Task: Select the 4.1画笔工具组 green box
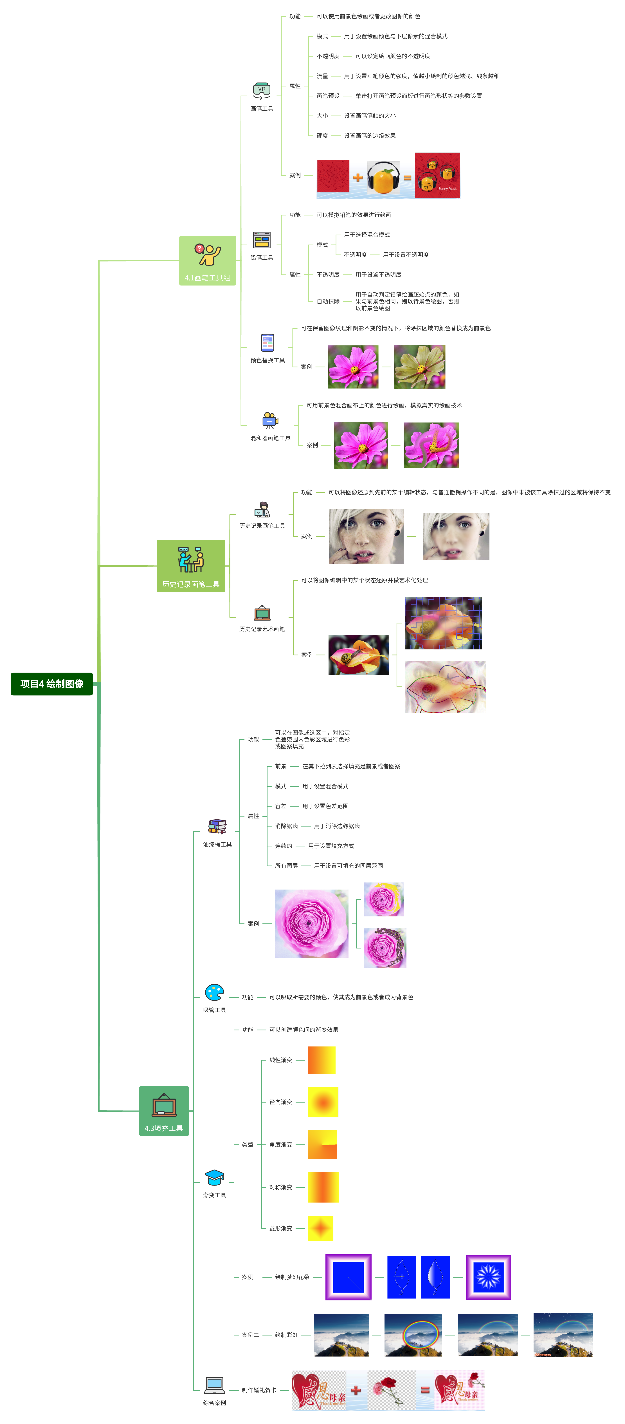(x=207, y=260)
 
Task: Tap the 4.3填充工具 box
(x=164, y=1111)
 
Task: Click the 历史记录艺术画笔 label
(x=262, y=629)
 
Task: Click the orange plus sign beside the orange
(x=358, y=177)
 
